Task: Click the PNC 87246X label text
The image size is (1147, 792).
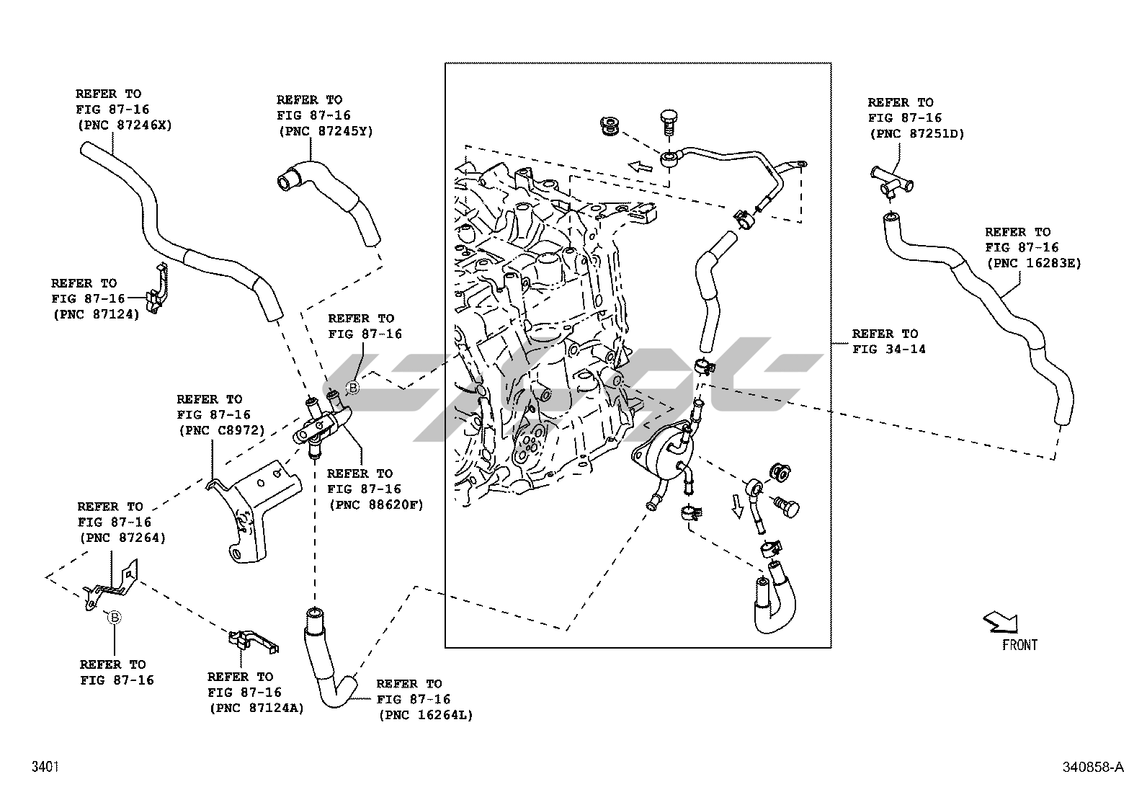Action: pos(124,125)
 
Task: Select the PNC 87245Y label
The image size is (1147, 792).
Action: pos(325,130)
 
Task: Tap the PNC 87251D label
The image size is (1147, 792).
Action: pos(916,133)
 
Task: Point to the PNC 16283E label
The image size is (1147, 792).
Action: pos(1033,263)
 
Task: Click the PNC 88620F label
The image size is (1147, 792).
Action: pos(375,504)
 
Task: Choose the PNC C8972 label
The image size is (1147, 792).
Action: pos(220,430)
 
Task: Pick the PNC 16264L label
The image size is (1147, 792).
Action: pos(424,715)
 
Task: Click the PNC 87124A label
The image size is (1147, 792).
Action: pos(256,708)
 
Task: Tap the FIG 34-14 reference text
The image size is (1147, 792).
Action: pos(889,350)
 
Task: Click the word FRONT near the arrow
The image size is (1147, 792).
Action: pos(1019,645)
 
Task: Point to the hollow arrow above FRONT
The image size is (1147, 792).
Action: pos(1001,620)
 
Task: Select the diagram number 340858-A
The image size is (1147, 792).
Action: pos(1092,767)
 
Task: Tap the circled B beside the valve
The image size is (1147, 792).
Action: pos(353,388)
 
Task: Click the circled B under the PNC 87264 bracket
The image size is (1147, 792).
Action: pos(114,617)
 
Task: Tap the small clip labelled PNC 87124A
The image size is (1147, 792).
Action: pos(252,640)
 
